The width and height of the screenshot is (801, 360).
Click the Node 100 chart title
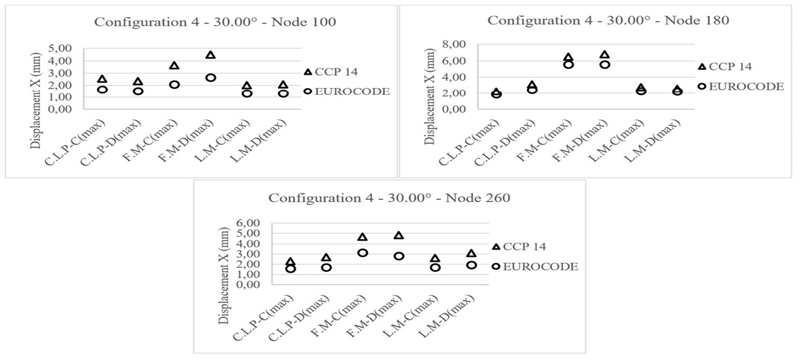click(215, 22)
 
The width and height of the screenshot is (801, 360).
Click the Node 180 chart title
click(608, 20)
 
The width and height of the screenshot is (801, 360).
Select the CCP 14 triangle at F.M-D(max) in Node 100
click(210, 55)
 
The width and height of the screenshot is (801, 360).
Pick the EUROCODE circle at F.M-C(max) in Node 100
click(174, 85)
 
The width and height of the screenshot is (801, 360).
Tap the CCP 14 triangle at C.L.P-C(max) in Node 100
click(102, 79)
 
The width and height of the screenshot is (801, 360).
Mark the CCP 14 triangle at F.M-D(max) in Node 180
click(605, 54)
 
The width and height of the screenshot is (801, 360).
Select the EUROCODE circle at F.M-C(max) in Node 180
click(568, 64)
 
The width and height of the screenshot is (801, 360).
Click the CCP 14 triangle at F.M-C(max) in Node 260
click(362, 237)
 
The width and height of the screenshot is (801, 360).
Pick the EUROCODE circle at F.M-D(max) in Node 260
click(399, 256)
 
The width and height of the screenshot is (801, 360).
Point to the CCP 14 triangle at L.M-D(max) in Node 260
click(471, 254)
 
